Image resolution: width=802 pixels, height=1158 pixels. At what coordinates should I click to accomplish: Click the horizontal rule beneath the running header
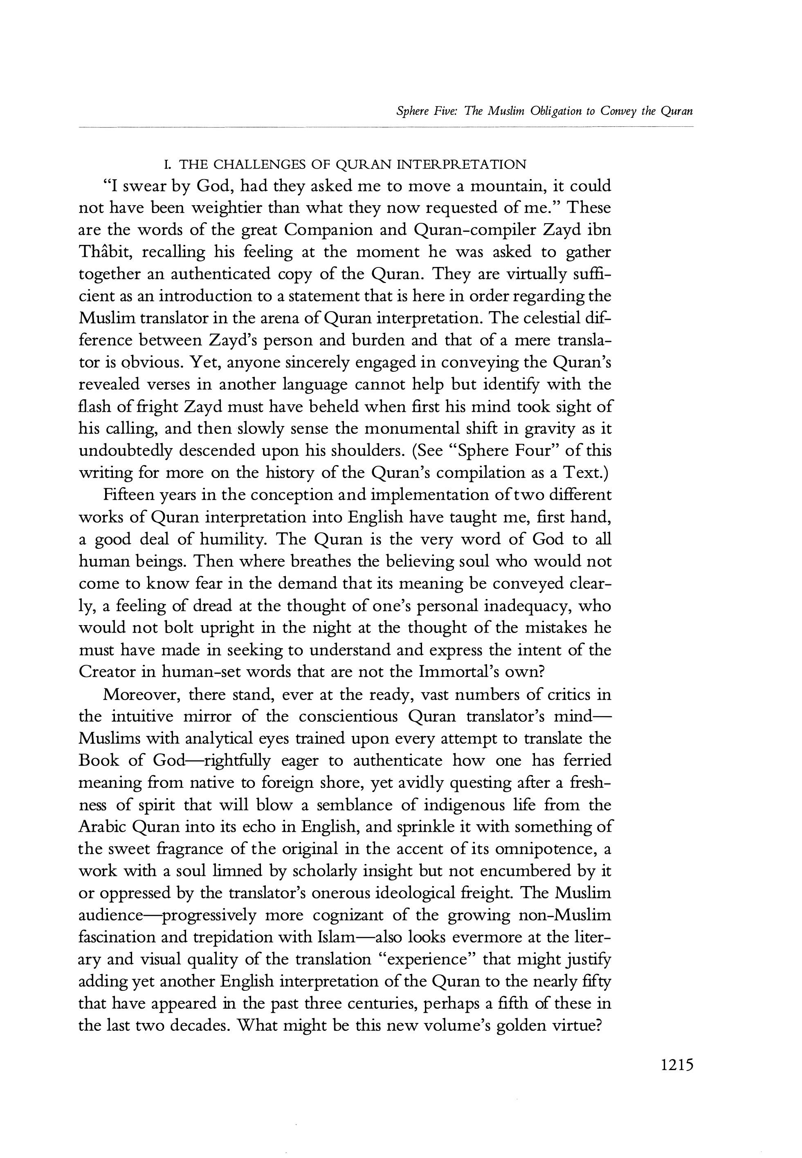click(x=386, y=127)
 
